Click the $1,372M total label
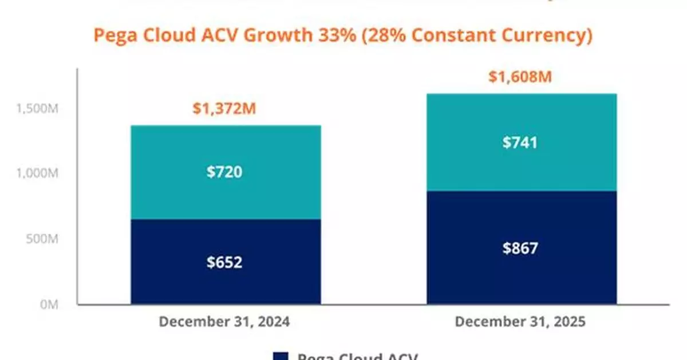point(224,109)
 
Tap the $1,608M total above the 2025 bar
point(520,77)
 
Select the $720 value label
point(224,172)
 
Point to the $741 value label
point(520,143)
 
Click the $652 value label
point(224,262)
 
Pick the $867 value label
point(520,248)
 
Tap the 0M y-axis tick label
point(49,305)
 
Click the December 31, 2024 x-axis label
point(224,322)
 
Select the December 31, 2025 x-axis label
point(520,322)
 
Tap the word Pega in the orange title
point(111,35)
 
